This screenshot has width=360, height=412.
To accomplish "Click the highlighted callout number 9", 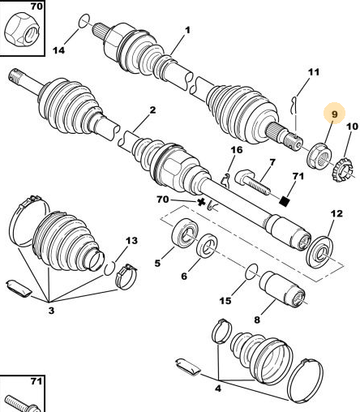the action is pyautogui.click(x=335, y=114).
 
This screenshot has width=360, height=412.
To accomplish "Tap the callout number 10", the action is pyautogui.click(x=352, y=127).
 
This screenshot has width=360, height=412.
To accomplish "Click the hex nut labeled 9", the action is pyautogui.click(x=319, y=156).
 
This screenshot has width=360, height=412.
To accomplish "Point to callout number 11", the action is pyautogui.click(x=314, y=72).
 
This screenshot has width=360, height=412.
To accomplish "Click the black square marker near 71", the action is pyautogui.click(x=285, y=201).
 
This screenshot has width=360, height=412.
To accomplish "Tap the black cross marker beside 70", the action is pyautogui.click(x=201, y=202).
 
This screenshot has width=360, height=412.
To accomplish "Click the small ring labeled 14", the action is pyautogui.click(x=84, y=20).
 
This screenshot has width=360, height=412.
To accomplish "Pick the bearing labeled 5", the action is pyautogui.click(x=185, y=234).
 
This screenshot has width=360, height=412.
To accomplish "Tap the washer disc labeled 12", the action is pyautogui.click(x=320, y=252).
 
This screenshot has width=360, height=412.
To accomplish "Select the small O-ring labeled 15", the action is pyautogui.click(x=251, y=271).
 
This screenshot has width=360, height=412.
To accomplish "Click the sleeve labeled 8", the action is pyautogui.click(x=282, y=290).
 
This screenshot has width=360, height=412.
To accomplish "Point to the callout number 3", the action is pyautogui.click(x=51, y=311).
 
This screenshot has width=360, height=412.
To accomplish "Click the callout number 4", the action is pyautogui.click(x=218, y=388).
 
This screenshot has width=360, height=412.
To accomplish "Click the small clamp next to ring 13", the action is pyautogui.click(x=126, y=277).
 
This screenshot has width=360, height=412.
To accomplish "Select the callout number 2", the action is pyautogui.click(x=153, y=110).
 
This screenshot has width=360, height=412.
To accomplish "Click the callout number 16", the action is pyautogui.click(x=237, y=150).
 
